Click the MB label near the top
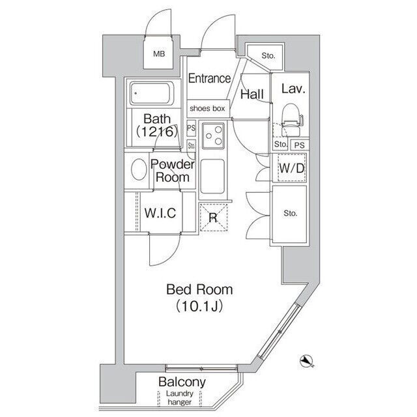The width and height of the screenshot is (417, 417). pos(159,54)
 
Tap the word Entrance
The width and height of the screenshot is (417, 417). pos(209,78)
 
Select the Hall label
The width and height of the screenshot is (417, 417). pos(252,94)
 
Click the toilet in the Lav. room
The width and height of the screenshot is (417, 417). pos(292,120)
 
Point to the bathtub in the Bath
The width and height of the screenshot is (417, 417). pos(152,93)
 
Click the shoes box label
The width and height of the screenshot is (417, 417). pos(207,108)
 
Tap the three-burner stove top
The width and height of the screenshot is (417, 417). pos(213,136)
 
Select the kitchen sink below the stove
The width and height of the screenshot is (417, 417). pos(212,176)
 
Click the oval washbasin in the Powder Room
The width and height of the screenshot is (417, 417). pos(139,169)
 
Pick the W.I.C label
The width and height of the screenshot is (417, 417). pos(160,213)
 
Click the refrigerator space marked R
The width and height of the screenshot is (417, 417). pos(213,218)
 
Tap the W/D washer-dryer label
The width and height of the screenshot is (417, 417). pos(292,168)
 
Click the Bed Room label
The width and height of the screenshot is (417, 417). pos(199,289)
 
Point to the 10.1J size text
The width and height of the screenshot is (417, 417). pos(199,306)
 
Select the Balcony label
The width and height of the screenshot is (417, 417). pos(182,382)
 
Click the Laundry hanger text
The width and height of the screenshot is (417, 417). pos(180,398)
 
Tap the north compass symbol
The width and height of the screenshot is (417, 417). pos(307,361)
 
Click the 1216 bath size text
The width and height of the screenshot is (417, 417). pos(156,131)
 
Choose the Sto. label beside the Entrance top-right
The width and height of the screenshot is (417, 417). pos(268,55)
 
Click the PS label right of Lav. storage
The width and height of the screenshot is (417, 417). pos(300,145)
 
